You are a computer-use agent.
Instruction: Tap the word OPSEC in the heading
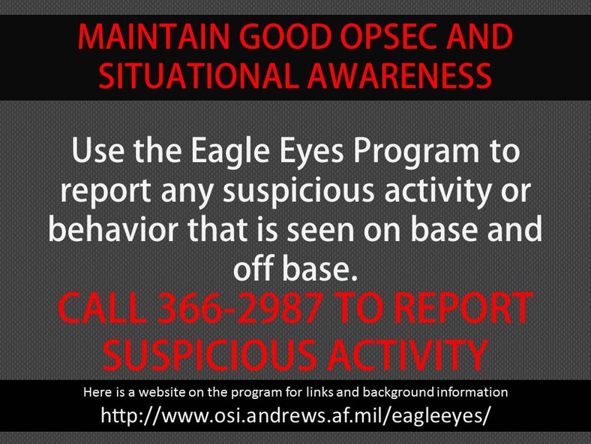click(x=376, y=38)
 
